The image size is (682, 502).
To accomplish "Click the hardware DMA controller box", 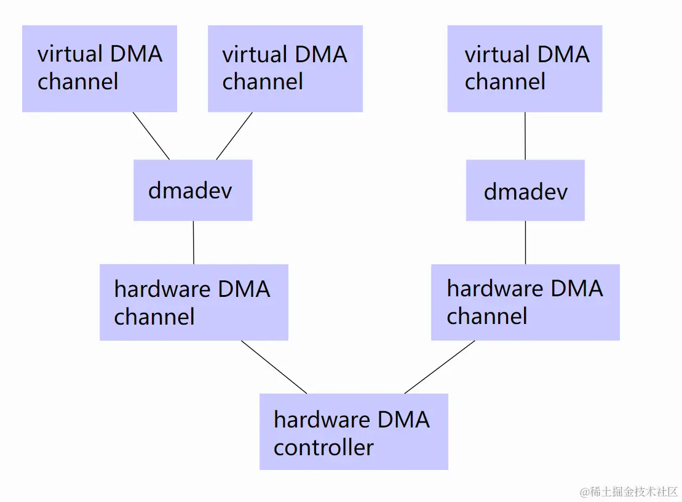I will click(354, 432).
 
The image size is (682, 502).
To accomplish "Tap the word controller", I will click(323, 447).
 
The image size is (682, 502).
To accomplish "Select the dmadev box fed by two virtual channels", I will click(192, 190).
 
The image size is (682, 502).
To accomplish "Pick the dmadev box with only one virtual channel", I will click(525, 191).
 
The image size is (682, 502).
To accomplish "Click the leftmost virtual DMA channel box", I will click(100, 68).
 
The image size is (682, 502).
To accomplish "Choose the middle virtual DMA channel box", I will click(285, 68).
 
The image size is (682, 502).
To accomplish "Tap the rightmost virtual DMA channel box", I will click(525, 68).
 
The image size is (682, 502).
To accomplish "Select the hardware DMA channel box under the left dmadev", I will click(194, 302).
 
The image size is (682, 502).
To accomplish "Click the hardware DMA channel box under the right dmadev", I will click(525, 302).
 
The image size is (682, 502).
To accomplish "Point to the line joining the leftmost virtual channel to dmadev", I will click(151, 136).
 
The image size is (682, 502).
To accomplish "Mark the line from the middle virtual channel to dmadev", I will click(234, 136).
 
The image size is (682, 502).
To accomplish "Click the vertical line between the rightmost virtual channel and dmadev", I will click(525, 136).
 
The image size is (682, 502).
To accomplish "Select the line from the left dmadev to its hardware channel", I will click(194, 243).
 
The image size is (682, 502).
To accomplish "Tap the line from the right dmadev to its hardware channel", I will click(525, 243).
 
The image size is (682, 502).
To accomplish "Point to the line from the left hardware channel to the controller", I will click(274, 366).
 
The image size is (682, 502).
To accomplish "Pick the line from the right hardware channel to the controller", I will click(440, 366).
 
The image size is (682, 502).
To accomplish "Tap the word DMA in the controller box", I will click(403, 420).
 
